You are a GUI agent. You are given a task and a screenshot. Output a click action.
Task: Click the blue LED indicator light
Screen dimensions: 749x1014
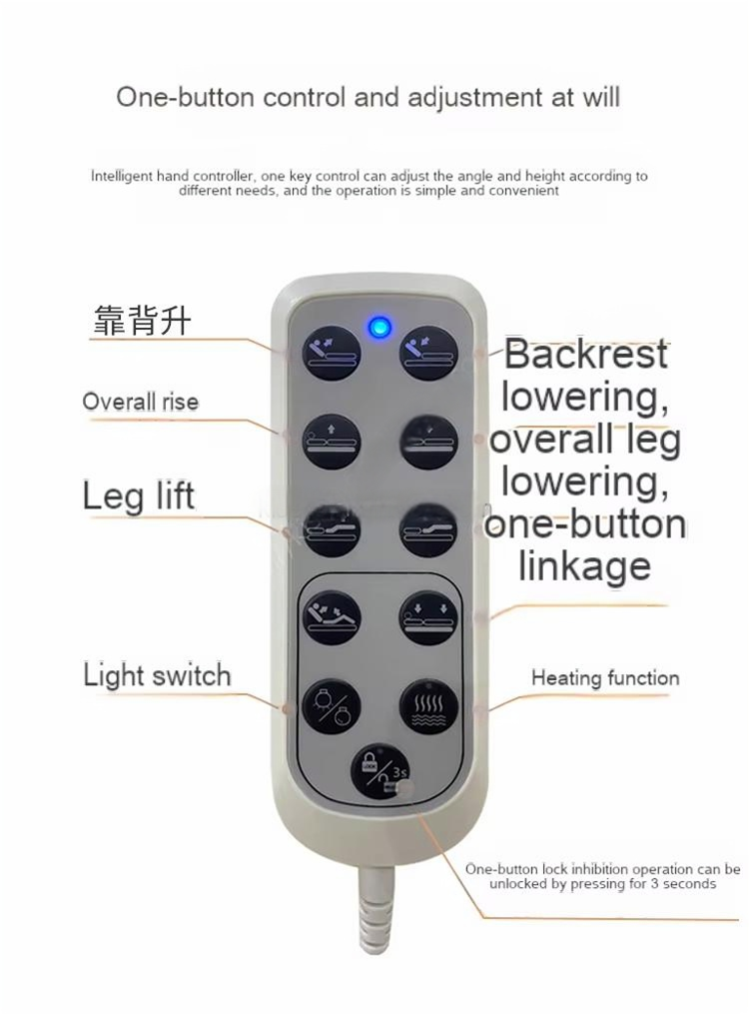pos(379,328)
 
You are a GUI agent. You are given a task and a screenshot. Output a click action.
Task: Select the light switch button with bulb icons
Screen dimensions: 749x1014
pos(331,706)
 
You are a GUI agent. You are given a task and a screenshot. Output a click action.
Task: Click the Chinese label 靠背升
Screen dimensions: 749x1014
pos(142,320)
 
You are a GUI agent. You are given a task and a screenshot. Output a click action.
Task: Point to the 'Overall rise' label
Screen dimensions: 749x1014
pos(140,402)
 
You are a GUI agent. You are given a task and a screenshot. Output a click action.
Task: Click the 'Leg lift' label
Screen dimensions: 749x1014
pos(138,497)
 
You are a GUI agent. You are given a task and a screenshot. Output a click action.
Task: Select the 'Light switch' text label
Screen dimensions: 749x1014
pos(157,675)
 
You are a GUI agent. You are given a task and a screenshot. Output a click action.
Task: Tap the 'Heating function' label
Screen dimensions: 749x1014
pos(605,677)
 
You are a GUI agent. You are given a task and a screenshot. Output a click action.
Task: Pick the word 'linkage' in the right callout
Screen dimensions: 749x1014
pos(585,565)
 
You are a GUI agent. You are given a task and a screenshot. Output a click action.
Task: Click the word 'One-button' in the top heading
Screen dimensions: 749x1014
pos(186,97)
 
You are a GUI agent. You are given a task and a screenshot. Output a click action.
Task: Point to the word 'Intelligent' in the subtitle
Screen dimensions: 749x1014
pos(122,177)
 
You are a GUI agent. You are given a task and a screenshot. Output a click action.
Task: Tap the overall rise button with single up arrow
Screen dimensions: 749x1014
pos(332,443)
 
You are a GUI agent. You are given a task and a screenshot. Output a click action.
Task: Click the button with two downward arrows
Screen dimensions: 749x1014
pos(429,618)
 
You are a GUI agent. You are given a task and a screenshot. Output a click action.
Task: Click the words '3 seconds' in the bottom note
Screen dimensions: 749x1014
pos(683,883)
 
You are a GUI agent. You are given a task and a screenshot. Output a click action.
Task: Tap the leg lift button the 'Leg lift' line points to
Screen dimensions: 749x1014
pos(332,530)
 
